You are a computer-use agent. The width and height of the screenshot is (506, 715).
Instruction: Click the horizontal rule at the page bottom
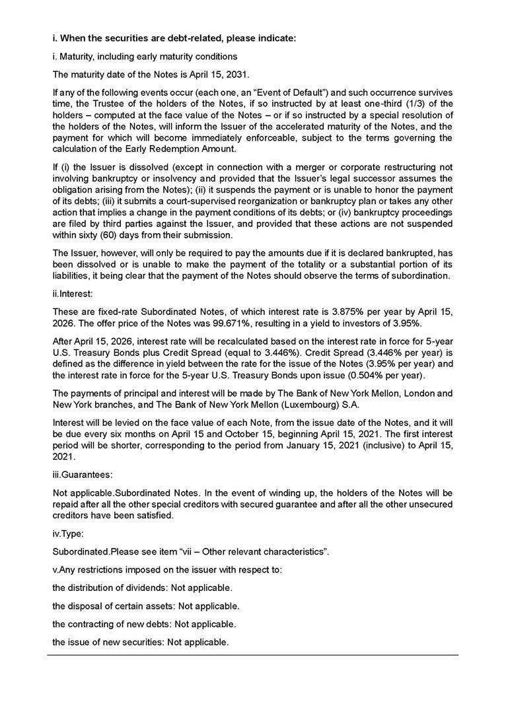(x=253, y=655)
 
